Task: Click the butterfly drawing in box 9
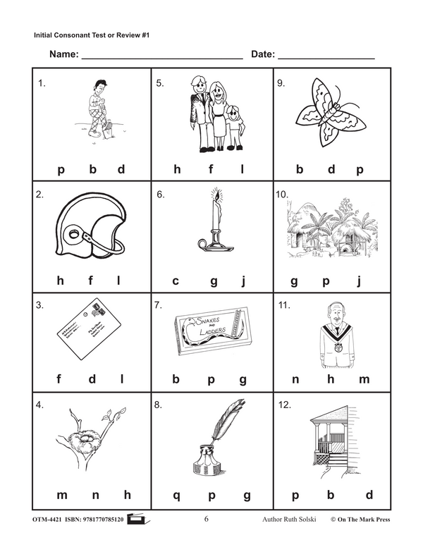[x=331, y=112]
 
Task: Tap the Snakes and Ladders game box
[x=211, y=328]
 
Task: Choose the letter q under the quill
[x=176, y=496]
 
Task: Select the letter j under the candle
[x=243, y=281]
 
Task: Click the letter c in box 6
[x=176, y=281]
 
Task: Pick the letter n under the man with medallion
[x=295, y=379]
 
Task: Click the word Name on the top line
[x=63, y=54]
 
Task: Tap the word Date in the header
[x=262, y=54]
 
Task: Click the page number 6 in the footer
[x=207, y=520]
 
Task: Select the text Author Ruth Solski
[x=282, y=520]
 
